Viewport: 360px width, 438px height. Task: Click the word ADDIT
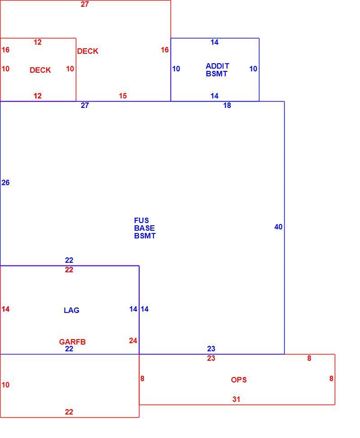[217, 66]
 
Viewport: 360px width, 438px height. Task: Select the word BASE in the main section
[144, 228]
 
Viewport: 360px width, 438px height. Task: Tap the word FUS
[141, 220]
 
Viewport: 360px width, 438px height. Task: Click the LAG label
[71, 310]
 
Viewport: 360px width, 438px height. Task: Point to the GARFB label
[72, 342]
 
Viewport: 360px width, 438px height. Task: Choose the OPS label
[239, 380]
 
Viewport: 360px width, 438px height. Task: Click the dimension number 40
[278, 227]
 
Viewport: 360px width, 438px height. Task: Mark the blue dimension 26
[5, 182]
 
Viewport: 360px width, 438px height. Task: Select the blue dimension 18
[227, 105]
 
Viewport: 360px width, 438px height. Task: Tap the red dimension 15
[123, 96]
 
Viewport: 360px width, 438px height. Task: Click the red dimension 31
[236, 399]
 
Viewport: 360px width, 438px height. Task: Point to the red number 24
[133, 340]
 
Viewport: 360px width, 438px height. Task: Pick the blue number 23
[211, 349]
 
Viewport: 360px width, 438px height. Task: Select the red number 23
[211, 358]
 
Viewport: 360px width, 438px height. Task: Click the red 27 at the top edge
[85, 4]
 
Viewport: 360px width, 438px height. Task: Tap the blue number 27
[85, 105]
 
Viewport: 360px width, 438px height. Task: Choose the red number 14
[5, 309]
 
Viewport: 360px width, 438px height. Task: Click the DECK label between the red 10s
[40, 70]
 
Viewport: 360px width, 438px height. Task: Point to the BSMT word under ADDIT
[217, 74]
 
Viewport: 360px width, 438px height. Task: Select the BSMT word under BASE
[145, 236]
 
